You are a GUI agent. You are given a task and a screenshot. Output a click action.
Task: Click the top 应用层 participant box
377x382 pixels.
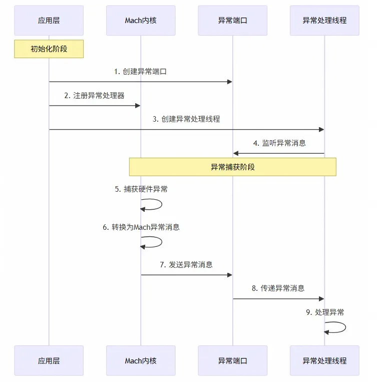pyautogui.click(x=49, y=21)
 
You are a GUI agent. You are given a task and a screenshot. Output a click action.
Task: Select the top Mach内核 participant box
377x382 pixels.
pyautogui.click(x=141, y=21)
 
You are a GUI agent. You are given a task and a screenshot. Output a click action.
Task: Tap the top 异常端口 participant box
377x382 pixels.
pyautogui.click(x=232, y=21)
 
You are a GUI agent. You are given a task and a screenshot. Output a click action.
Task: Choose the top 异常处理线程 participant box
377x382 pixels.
pyautogui.click(x=324, y=21)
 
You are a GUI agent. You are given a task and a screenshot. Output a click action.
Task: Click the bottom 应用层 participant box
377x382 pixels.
pyautogui.click(x=49, y=360)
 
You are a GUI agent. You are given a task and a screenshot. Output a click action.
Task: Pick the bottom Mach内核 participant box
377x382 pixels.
pyautogui.click(x=141, y=360)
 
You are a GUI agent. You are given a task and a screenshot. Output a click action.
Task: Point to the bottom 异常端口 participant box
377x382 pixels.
pyautogui.click(x=232, y=360)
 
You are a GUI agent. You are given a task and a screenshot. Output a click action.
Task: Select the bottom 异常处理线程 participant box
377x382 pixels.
pyautogui.click(x=324, y=360)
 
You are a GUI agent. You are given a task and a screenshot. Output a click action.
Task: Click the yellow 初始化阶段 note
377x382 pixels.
pyautogui.click(x=49, y=49)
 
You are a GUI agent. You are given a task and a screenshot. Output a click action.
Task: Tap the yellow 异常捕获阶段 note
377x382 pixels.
pyautogui.click(x=232, y=167)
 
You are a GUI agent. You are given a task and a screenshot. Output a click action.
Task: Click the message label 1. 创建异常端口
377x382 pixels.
pyautogui.click(x=140, y=72)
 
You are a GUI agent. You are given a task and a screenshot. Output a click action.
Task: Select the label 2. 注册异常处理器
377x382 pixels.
pyautogui.click(x=94, y=96)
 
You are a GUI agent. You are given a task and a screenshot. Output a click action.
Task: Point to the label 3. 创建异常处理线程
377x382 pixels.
pyautogui.click(x=186, y=119)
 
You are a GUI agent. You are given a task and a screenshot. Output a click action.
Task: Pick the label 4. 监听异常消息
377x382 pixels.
pyautogui.click(x=279, y=143)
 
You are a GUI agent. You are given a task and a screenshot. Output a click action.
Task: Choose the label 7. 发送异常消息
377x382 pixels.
pyautogui.click(x=186, y=264)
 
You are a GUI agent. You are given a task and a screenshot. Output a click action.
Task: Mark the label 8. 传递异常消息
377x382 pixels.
pyautogui.click(x=278, y=288)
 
